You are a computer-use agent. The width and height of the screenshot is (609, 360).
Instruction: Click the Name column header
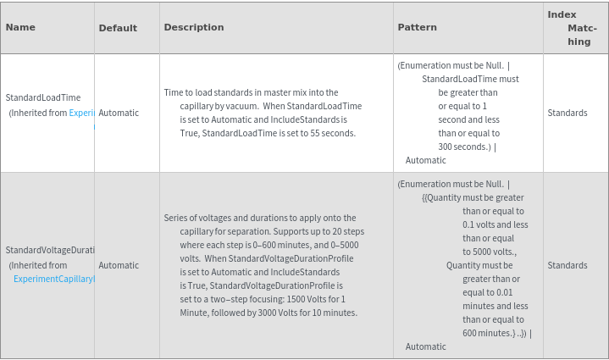(x=20, y=27)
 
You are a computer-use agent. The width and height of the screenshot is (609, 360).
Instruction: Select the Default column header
(x=118, y=28)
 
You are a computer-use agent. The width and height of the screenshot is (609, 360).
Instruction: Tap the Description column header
(x=194, y=27)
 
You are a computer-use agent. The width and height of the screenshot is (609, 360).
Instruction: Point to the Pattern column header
(x=417, y=27)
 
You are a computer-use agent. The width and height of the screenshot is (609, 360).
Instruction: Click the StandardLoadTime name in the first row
(x=43, y=97)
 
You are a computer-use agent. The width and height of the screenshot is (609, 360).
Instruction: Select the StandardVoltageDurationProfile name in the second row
(x=50, y=250)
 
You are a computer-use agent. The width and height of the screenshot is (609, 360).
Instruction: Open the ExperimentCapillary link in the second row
(x=53, y=279)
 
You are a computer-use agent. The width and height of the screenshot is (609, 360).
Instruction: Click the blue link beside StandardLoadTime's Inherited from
(x=81, y=113)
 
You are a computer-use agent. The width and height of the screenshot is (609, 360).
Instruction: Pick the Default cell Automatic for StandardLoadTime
(x=119, y=113)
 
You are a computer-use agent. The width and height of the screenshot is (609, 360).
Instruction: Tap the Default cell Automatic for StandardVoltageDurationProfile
(x=119, y=265)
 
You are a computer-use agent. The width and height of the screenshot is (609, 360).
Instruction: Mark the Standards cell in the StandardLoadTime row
(x=567, y=113)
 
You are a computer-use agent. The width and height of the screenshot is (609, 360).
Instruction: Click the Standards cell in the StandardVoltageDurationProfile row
(x=567, y=265)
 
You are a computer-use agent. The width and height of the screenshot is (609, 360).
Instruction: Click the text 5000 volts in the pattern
(x=489, y=252)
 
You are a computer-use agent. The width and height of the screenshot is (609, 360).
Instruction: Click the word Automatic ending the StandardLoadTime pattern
(x=425, y=160)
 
